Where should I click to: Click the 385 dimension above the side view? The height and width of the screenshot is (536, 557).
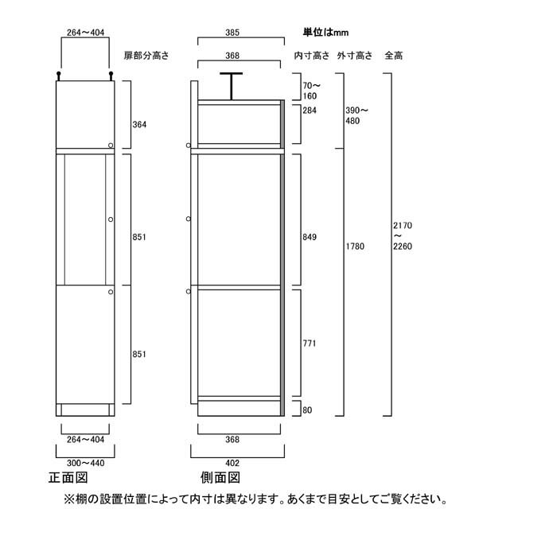point(232,33)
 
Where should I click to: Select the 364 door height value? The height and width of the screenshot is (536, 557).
point(139,124)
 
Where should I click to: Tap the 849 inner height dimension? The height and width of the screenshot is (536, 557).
point(310,237)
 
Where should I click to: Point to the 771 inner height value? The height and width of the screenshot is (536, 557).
point(309,344)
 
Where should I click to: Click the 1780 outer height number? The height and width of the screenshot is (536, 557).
point(355,246)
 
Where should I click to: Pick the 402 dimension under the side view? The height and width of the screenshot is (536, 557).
point(232,463)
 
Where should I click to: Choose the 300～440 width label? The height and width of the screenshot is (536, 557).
point(86,463)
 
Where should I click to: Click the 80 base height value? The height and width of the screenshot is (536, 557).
point(307,410)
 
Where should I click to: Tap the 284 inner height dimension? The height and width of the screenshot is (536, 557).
point(310,111)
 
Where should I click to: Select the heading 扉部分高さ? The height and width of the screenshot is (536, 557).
point(146,56)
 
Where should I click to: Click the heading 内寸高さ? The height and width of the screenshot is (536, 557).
point(312,56)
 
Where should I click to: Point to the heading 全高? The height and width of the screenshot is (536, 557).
point(394,56)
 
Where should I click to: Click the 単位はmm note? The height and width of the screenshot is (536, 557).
point(325,33)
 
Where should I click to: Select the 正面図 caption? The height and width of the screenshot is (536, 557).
point(68,477)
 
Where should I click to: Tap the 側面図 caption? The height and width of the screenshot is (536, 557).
point(220,477)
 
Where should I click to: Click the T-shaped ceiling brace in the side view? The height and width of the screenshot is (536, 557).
point(232,86)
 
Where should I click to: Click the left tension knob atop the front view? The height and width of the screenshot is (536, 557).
point(59,76)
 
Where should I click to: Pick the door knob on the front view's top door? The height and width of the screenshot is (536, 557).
point(111,146)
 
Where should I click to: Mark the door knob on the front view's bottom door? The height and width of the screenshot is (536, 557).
point(111,292)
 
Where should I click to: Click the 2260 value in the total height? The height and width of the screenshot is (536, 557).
point(403,246)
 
